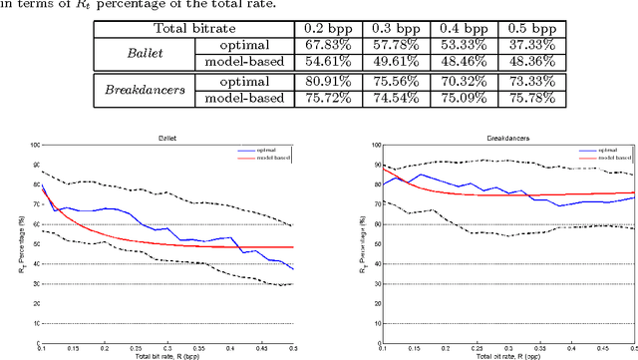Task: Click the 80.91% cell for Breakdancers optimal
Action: pyautogui.click(x=319, y=81)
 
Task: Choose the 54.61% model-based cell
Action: pyautogui.click(x=319, y=60)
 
